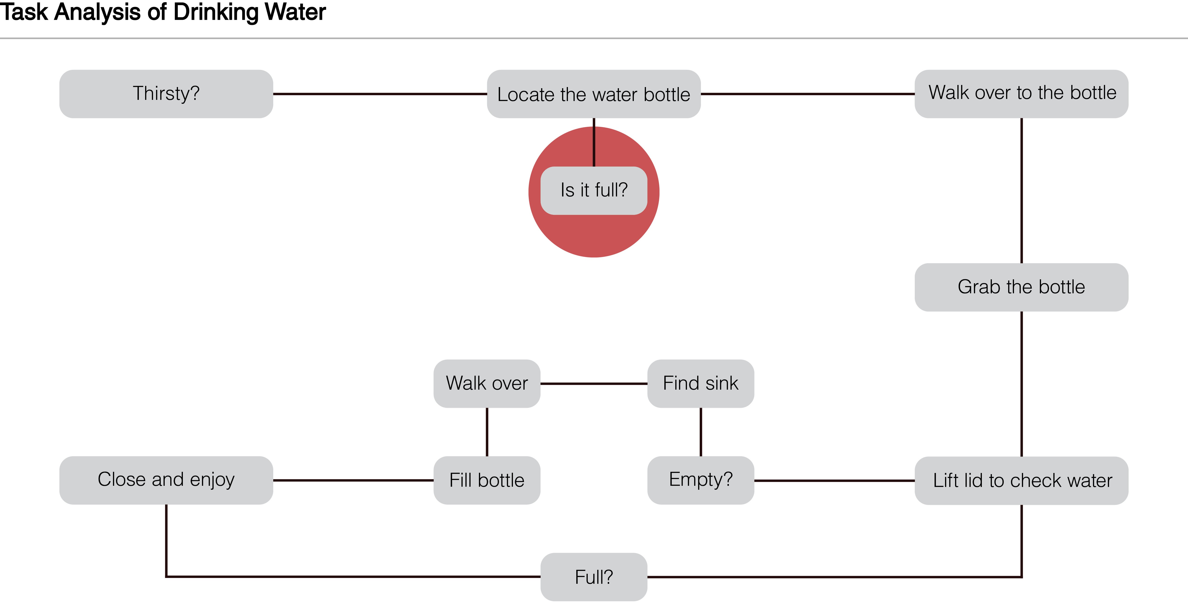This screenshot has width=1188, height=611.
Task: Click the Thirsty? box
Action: click(x=166, y=94)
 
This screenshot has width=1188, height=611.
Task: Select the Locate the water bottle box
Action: click(x=594, y=94)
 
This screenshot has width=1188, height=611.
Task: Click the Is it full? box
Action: click(x=594, y=190)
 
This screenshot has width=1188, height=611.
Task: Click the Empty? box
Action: click(x=700, y=480)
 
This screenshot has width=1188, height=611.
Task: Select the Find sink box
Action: click(x=700, y=383)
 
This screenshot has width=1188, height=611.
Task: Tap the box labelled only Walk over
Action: click(x=487, y=383)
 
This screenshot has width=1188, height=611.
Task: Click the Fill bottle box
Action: click(x=487, y=480)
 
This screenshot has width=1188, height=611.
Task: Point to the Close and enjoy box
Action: click(x=166, y=480)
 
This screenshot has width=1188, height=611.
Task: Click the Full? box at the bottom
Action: click(x=594, y=577)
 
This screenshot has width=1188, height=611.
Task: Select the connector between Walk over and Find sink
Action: click(x=594, y=383)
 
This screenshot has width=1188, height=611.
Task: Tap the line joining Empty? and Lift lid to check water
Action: click(x=834, y=481)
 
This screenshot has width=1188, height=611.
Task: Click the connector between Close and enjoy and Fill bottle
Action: click(x=353, y=480)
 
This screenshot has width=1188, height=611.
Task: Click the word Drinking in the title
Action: click(x=215, y=12)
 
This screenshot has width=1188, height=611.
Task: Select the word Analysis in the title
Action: click(x=97, y=12)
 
